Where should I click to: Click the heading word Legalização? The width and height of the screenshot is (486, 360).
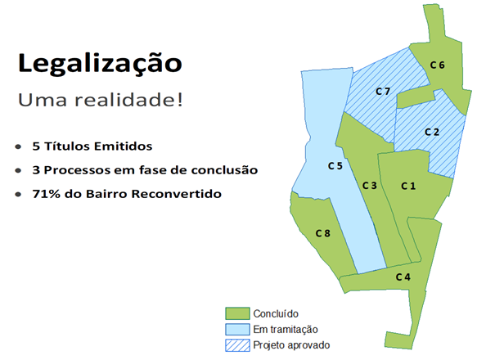click(x=100, y=63)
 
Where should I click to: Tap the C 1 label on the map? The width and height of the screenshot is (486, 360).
click(x=408, y=187)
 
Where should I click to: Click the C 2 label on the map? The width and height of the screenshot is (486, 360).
click(x=432, y=132)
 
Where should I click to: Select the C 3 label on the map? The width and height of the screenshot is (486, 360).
click(x=369, y=186)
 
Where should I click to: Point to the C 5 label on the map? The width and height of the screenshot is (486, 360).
click(x=335, y=166)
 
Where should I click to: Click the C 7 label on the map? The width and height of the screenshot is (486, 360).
click(x=382, y=90)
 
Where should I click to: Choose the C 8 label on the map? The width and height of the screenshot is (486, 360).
click(x=323, y=234)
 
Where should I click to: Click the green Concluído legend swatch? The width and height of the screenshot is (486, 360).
click(x=236, y=313)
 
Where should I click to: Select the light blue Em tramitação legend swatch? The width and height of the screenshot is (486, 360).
click(x=236, y=329)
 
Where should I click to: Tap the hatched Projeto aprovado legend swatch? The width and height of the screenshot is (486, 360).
click(x=236, y=344)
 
